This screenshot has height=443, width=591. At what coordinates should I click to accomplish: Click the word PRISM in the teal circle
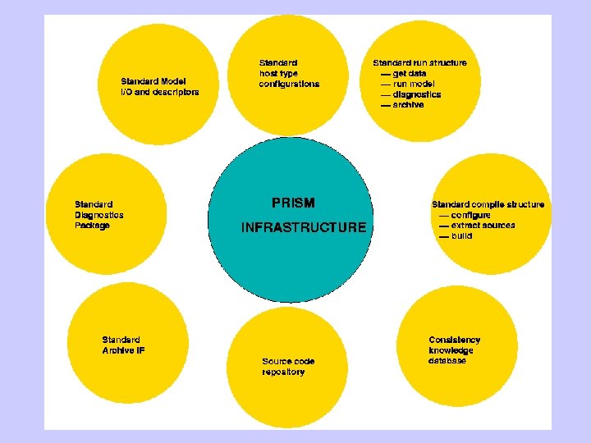[x=293, y=203]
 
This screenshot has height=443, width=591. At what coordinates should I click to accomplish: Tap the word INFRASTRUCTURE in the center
[x=304, y=227]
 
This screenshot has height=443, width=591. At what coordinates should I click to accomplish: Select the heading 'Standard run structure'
[x=419, y=62]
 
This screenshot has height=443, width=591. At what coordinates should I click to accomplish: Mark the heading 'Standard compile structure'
[x=488, y=204]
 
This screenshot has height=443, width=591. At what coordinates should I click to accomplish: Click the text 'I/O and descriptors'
[x=159, y=92]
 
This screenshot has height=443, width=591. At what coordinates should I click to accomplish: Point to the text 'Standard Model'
[x=153, y=81]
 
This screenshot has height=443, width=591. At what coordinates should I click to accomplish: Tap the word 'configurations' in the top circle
[x=289, y=84]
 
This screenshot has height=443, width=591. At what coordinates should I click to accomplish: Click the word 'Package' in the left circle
[x=92, y=226]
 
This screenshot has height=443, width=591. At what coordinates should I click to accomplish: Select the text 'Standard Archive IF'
[x=123, y=345]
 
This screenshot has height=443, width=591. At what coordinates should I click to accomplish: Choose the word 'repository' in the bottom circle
[x=283, y=372]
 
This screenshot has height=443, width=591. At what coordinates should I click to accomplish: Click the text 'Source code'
[x=288, y=361]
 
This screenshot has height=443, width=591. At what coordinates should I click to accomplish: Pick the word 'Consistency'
[x=454, y=340]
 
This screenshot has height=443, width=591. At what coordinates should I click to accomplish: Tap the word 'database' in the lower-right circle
[x=447, y=361]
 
